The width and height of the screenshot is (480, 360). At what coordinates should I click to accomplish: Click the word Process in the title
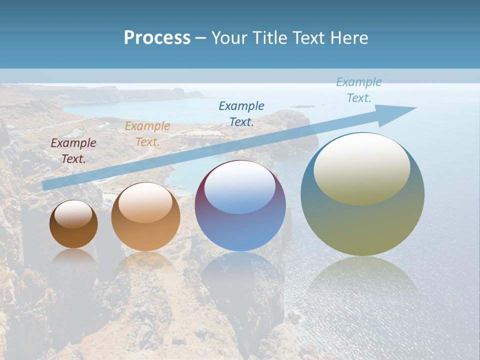pyautogui.click(x=157, y=38)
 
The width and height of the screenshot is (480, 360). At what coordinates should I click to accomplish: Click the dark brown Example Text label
pyautogui.click(x=73, y=150)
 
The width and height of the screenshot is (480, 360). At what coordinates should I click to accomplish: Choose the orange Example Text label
pyautogui.click(x=147, y=133)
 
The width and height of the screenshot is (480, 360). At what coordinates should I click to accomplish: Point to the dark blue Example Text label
pyautogui.click(x=241, y=113)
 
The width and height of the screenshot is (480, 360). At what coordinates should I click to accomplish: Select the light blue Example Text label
pyautogui.click(x=358, y=90)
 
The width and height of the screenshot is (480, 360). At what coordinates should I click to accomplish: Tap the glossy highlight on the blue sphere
pyautogui.click(x=240, y=187)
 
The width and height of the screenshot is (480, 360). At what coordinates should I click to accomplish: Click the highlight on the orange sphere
pyautogui.click(x=145, y=202)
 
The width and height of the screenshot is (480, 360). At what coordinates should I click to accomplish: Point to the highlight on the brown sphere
pyautogui.click(x=73, y=214)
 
